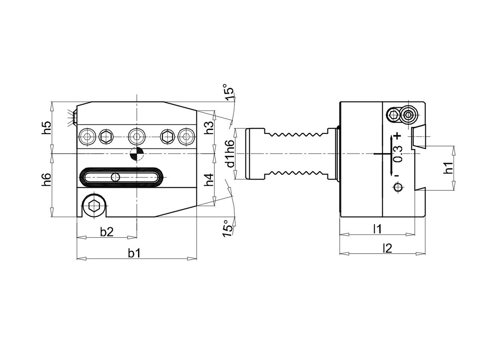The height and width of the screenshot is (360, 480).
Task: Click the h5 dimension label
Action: pyautogui.click(x=46, y=128)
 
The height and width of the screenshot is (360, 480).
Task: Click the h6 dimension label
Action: pyautogui.click(x=46, y=180)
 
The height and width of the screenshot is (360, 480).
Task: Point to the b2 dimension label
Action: pyautogui.click(x=107, y=232)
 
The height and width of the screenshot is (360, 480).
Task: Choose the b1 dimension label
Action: pyautogui.click(x=134, y=253)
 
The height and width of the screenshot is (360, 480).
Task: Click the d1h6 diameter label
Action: pyautogui.click(x=230, y=154)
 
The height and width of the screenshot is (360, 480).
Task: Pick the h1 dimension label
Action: pyautogui.click(x=448, y=168)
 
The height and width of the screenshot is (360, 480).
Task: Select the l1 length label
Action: pyautogui.click(x=377, y=229)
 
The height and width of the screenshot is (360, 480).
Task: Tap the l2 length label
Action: pyautogui.click(x=387, y=248)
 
